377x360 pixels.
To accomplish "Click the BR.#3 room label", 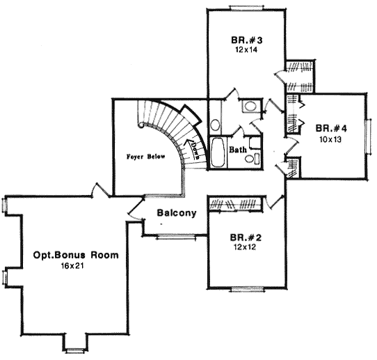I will tap(246, 40).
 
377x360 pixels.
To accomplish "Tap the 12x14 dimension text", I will tap(246, 50).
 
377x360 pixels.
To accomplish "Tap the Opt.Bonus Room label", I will tap(76, 256).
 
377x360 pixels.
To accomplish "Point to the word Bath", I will tap(238, 150).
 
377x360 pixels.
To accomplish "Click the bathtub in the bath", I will tap(218, 153).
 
